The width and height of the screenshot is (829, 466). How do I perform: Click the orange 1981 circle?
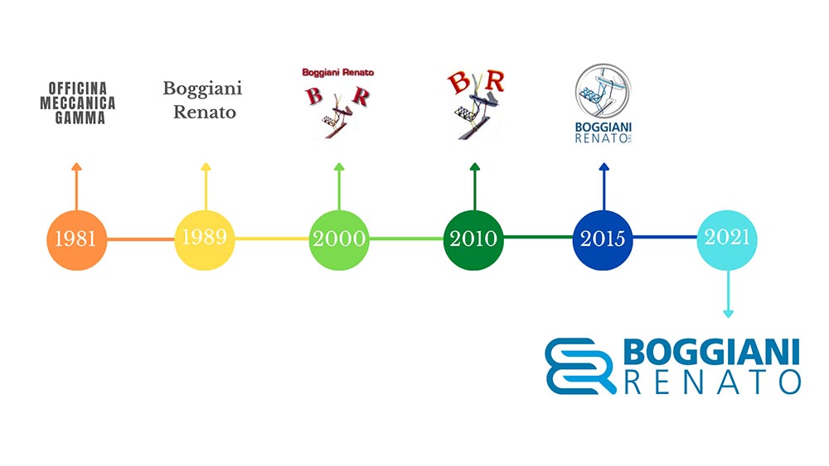point(76,240)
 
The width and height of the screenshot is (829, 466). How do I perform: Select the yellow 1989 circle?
point(205,240)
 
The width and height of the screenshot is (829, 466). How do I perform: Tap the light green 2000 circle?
point(339,240)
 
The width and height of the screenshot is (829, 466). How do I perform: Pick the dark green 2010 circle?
point(473,240)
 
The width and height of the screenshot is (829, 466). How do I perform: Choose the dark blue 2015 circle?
point(603,240)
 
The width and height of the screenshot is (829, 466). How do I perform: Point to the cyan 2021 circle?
point(727,240)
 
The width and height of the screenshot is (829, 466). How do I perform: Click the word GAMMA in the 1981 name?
point(80,118)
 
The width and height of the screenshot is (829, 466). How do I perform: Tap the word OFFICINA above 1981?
point(78,88)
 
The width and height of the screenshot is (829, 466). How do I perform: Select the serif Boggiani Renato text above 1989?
point(203,100)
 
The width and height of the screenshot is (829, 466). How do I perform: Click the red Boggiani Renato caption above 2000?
point(338,72)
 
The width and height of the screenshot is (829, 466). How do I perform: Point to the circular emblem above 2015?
point(603,92)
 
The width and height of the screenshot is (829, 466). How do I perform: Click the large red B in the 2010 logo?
point(459,84)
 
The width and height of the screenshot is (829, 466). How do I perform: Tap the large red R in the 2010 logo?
point(494,81)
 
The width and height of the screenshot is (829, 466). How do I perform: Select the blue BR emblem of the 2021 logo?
point(580,366)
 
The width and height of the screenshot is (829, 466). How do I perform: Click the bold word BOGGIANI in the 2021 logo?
point(711,352)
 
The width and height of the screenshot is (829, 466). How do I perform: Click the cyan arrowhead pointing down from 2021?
point(728,314)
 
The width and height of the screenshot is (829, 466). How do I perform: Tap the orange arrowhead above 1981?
point(76,166)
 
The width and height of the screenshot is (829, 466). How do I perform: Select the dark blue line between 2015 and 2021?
point(665,237)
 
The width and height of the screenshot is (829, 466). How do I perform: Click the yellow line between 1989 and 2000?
point(272,238)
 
